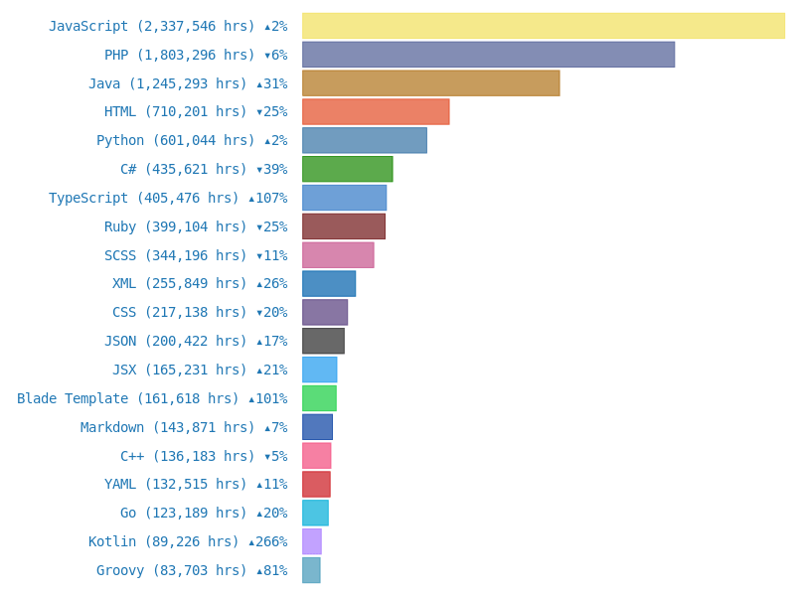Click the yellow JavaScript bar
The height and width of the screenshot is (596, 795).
544,26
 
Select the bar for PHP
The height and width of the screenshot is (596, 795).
488,55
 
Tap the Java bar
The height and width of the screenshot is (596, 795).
430,83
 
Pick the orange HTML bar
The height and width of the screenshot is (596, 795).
376,111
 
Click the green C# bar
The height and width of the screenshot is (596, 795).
347,169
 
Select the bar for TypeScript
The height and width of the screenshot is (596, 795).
344,198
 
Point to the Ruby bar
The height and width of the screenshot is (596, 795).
343,226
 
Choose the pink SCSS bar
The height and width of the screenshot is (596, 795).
338,255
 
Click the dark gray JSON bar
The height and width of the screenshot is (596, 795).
323,341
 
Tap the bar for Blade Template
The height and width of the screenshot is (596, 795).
319,398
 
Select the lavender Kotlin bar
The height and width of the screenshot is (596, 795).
311,541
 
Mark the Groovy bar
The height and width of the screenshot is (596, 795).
311,570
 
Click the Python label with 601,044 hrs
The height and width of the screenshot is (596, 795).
192,141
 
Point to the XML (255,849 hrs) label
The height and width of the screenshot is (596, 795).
200,284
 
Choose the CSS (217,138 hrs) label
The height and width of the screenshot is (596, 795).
200,313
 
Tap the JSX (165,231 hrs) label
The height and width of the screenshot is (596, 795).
200,370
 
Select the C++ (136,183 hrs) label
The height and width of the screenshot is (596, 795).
204,456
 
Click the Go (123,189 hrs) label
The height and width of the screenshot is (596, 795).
204,514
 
